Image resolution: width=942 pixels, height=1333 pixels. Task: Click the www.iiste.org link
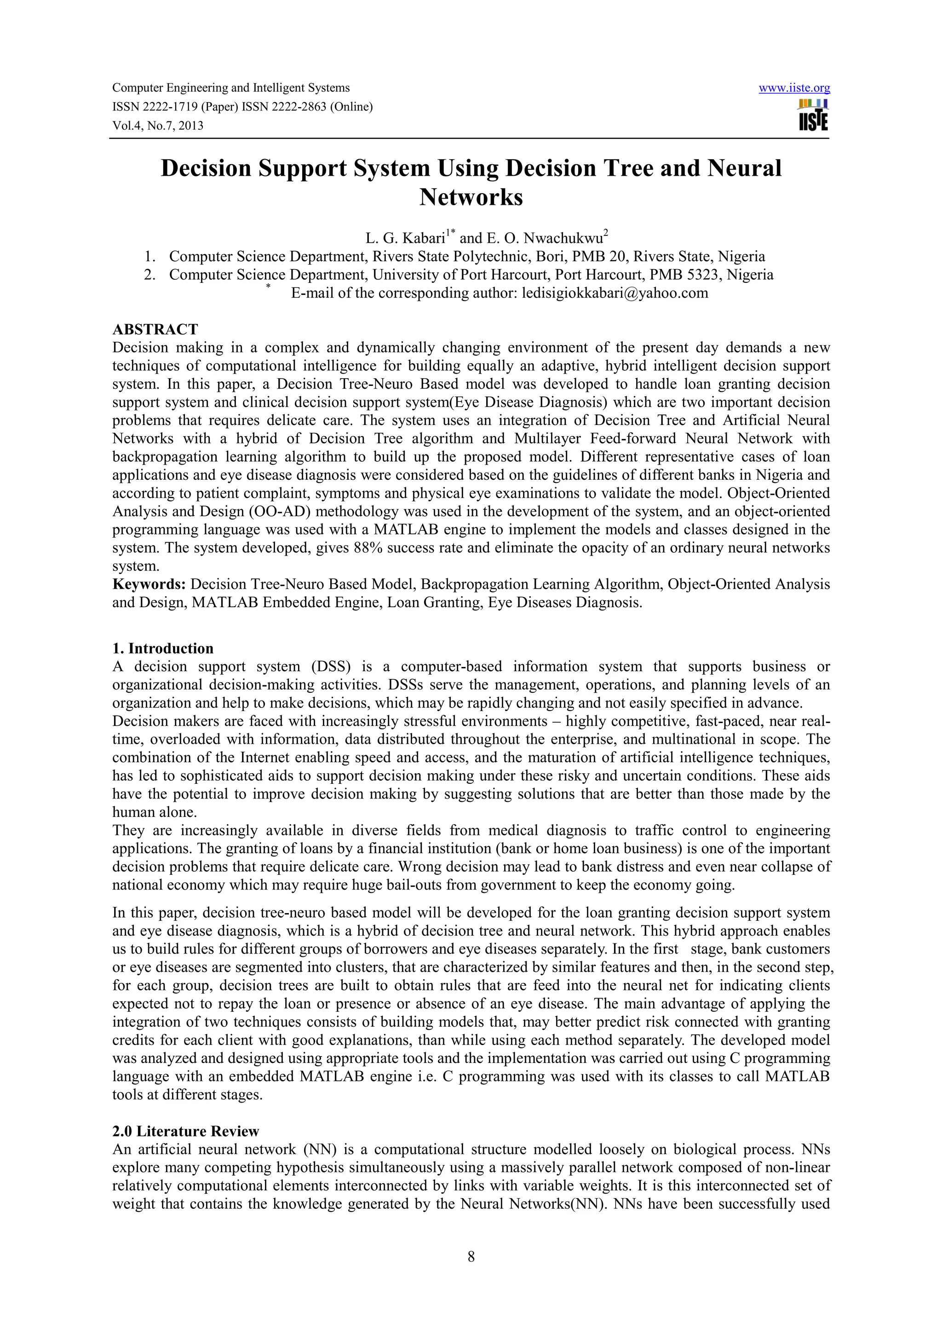pos(794,88)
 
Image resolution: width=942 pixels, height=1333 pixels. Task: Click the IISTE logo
pos(813,115)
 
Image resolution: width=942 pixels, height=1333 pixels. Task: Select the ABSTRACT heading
pos(155,329)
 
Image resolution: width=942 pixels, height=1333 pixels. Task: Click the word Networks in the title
pos(471,197)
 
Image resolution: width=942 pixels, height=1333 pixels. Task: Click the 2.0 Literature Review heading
pos(185,1131)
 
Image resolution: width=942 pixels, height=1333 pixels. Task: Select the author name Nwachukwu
pos(563,238)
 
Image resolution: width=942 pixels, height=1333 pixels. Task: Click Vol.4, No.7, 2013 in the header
pos(157,126)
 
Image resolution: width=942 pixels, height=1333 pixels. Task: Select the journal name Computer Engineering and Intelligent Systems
pos(230,88)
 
